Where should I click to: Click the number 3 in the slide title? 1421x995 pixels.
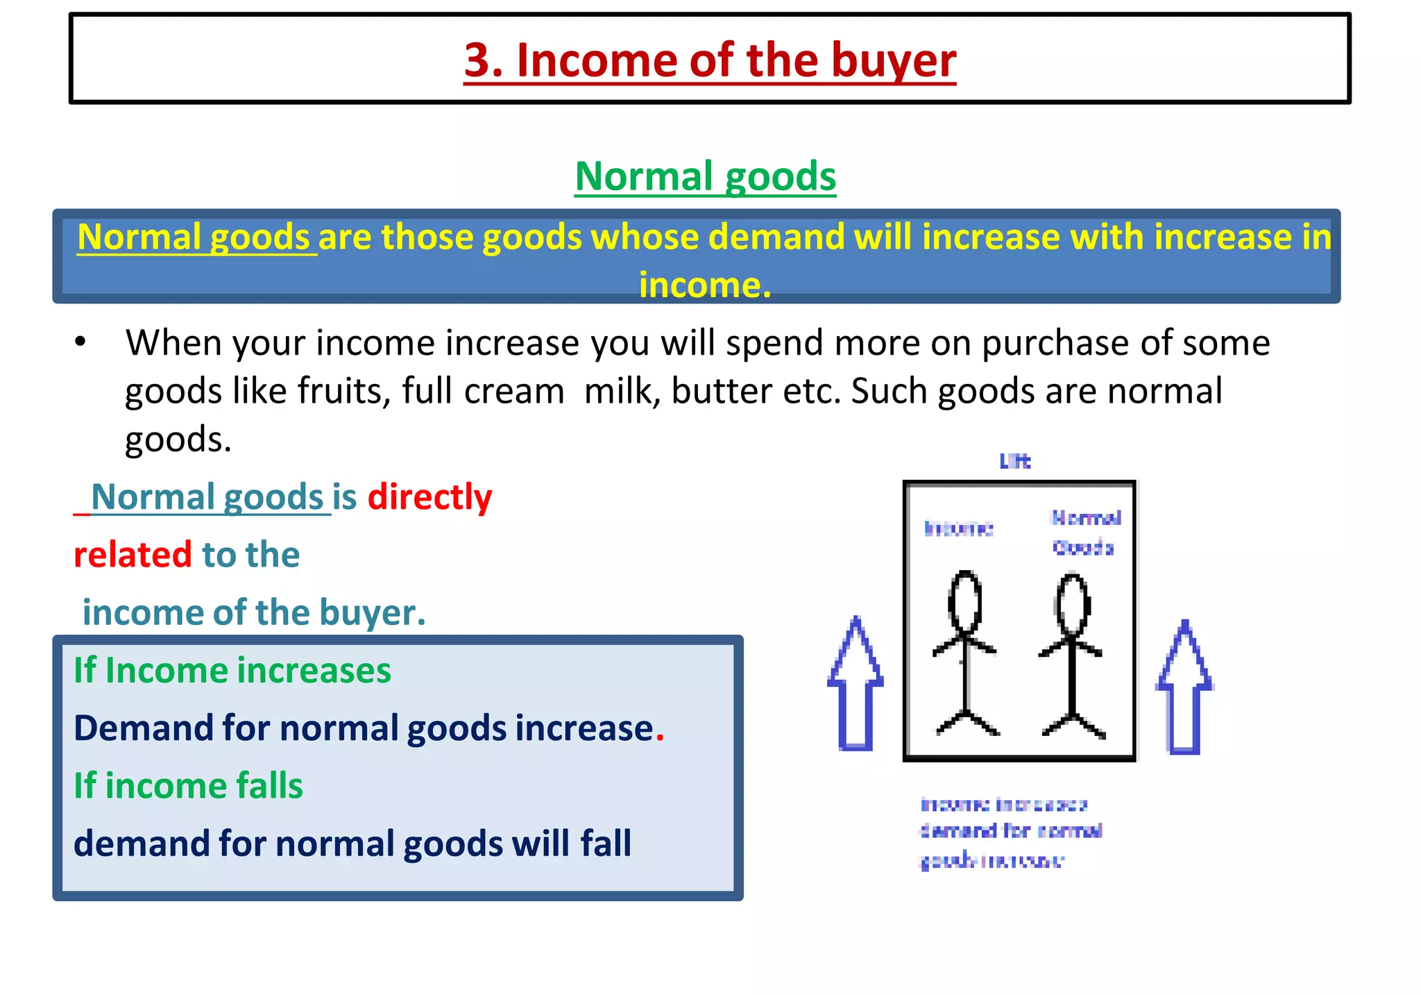(478, 60)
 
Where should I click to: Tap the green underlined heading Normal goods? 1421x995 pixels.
(705, 176)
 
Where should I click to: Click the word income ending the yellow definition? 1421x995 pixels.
(704, 285)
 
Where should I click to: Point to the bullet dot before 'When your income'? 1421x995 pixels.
(81, 342)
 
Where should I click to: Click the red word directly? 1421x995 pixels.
(429, 497)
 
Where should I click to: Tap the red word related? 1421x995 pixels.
(133, 555)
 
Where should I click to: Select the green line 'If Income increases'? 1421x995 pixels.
(232, 671)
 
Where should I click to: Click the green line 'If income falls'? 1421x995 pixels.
(188, 786)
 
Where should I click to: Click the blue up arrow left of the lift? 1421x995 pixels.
(856, 684)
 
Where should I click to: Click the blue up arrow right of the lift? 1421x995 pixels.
(1184, 687)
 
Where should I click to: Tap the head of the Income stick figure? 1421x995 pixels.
(964, 601)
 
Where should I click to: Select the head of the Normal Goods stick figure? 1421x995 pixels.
(1073, 603)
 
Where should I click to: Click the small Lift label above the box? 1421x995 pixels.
(1015, 461)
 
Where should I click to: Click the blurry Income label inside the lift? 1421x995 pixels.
(959, 529)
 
